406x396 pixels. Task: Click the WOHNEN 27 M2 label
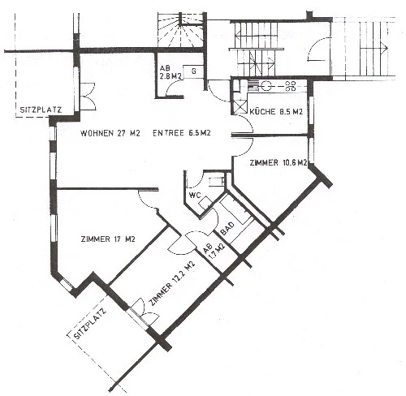point(110,133)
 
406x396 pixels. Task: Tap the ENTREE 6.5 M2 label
point(182,133)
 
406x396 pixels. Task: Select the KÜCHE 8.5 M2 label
point(276,111)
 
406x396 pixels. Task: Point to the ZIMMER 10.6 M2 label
point(279,162)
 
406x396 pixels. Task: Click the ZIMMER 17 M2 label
point(108,239)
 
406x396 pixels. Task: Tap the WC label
point(195,196)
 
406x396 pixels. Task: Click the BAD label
point(227,229)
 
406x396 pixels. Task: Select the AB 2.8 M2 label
point(170,72)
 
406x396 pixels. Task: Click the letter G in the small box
point(194,71)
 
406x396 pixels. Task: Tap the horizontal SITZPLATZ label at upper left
point(41,110)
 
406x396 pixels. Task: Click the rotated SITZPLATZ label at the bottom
point(90,323)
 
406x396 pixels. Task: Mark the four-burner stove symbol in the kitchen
point(290,86)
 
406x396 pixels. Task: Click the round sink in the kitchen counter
point(266,86)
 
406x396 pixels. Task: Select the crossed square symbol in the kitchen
point(240,106)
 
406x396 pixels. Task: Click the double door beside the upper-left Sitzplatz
point(88,96)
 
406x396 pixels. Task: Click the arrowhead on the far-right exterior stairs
point(385,49)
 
